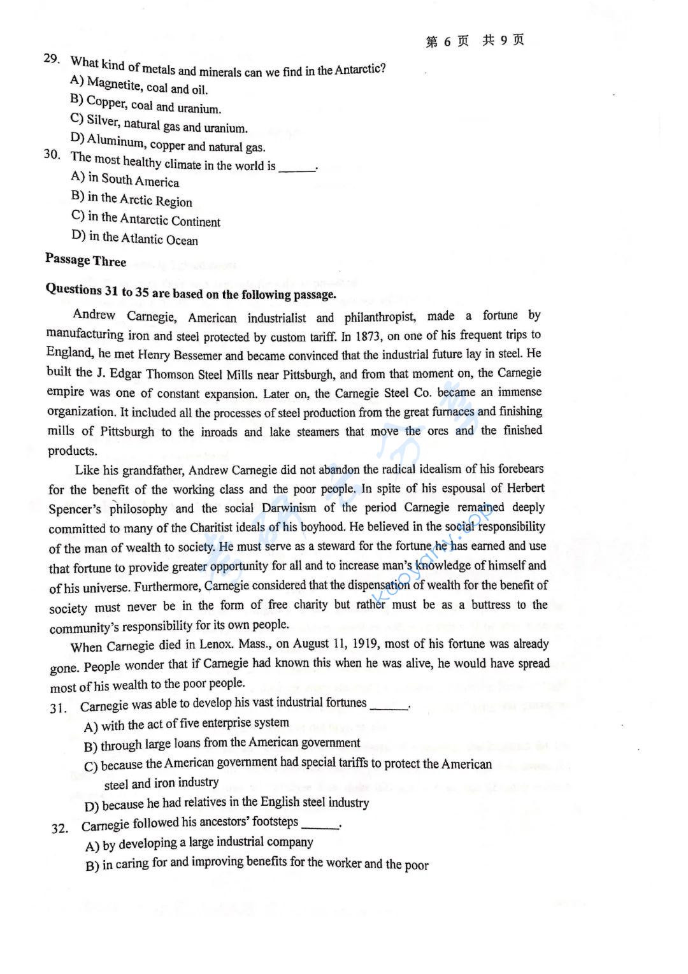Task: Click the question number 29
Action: coord(52,59)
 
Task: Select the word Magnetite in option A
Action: coord(110,83)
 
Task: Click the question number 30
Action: coord(52,154)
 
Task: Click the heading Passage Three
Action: coord(85,260)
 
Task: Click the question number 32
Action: coord(60,828)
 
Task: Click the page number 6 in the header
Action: coord(447,41)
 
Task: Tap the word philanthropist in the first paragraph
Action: coord(380,317)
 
